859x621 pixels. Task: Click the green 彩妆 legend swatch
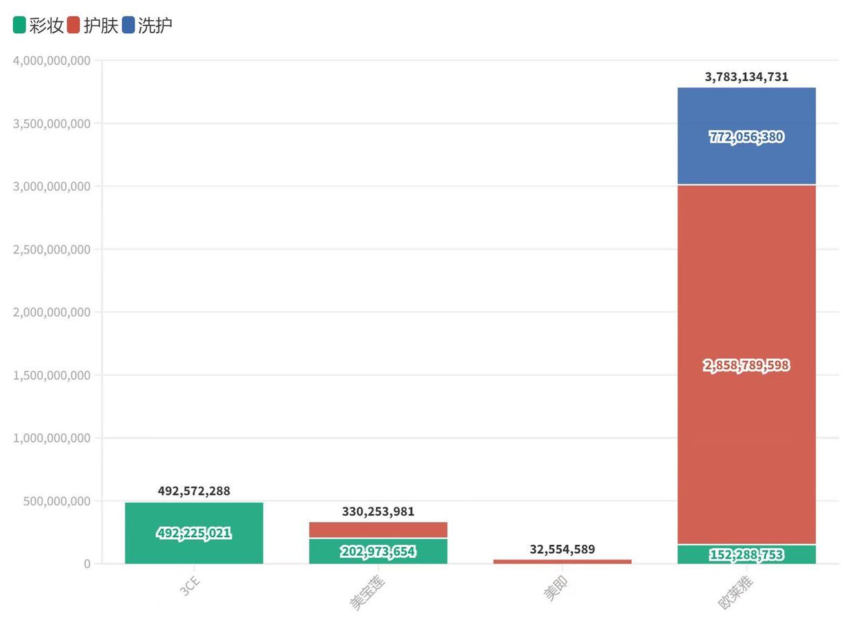19,26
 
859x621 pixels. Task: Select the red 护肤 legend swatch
74,26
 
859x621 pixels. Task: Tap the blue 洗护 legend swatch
129,26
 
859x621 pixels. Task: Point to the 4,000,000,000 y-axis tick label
52,60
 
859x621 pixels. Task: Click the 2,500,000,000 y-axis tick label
52,250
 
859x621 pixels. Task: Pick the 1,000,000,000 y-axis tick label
52,438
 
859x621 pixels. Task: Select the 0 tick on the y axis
87,564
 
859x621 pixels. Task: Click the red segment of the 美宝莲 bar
378,530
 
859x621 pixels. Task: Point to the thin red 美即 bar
563,561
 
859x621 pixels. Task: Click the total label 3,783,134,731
747,77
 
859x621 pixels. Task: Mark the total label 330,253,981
378,511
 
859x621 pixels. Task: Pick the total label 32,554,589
563,549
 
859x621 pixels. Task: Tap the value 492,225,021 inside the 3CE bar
194,533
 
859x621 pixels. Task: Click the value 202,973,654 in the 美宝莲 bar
378,552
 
